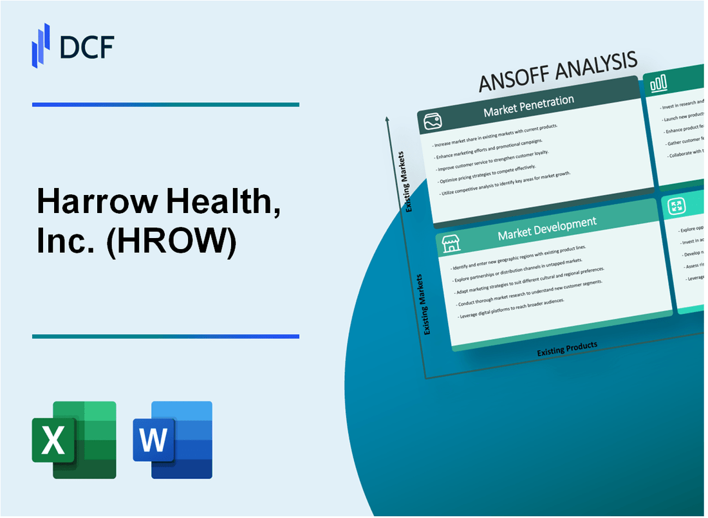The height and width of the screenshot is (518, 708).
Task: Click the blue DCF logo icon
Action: point(41,44)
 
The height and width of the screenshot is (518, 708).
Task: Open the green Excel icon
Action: point(74,439)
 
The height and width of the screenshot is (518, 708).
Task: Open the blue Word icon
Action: point(172,439)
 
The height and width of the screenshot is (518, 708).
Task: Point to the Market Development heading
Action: point(546,228)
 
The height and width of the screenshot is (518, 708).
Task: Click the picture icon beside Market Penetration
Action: point(431,121)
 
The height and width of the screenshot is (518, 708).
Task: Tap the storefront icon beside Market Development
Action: point(451,243)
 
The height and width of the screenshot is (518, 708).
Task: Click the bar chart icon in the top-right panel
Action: point(658,82)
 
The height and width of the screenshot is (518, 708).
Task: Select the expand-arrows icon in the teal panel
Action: point(676,207)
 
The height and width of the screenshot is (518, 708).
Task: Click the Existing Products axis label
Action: point(567,348)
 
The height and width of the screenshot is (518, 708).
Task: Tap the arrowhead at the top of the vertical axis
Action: point(387,119)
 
